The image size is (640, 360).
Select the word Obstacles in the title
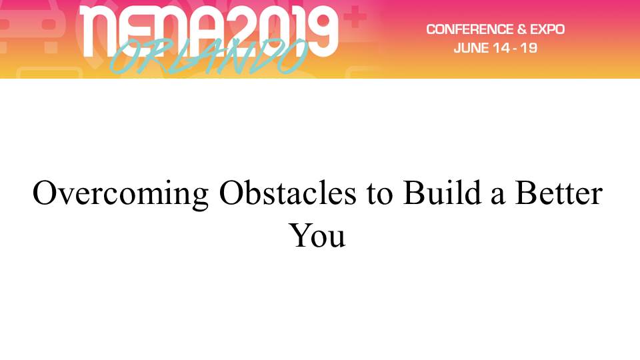pyautogui.click(x=288, y=193)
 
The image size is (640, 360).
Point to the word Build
pyautogui.click(x=443, y=192)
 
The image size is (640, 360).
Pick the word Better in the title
pyautogui.click(x=559, y=193)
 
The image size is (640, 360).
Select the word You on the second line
pyautogui.click(x=317, y=235)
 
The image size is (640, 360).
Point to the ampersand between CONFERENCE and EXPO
pyautogui.click(x=521, y=29)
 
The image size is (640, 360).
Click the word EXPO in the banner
pyautogui.click(x=547, y=29)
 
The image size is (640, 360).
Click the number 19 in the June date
pyautogui.click(x=529, y=48)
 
